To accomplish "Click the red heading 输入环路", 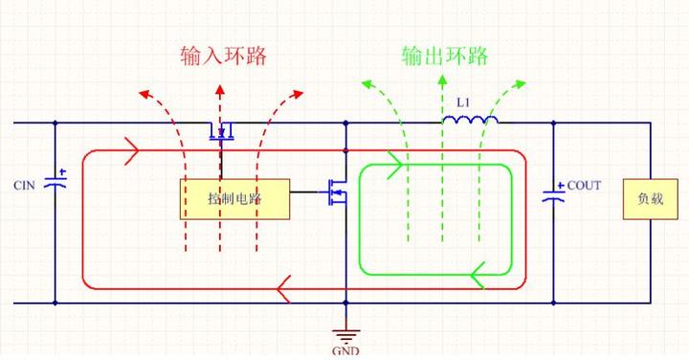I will click(x=222, y=55).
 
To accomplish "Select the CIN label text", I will click(x=25, y=184).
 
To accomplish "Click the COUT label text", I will click(x=584, y=185).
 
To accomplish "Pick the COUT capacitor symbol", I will click(x=552, y=193).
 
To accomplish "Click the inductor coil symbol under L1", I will click(x=469, y=120).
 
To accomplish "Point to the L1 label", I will click(x=464, y=101).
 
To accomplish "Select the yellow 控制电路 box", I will click(x=235, y=199).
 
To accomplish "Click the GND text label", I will click(x=346, y=350).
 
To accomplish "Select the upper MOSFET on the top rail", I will click(x=222, y=130).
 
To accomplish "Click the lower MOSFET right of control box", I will click(x=336, y=191).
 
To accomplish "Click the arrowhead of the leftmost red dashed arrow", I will click(x=144, y=93).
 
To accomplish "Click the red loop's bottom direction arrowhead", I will click(x=283, y=286).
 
